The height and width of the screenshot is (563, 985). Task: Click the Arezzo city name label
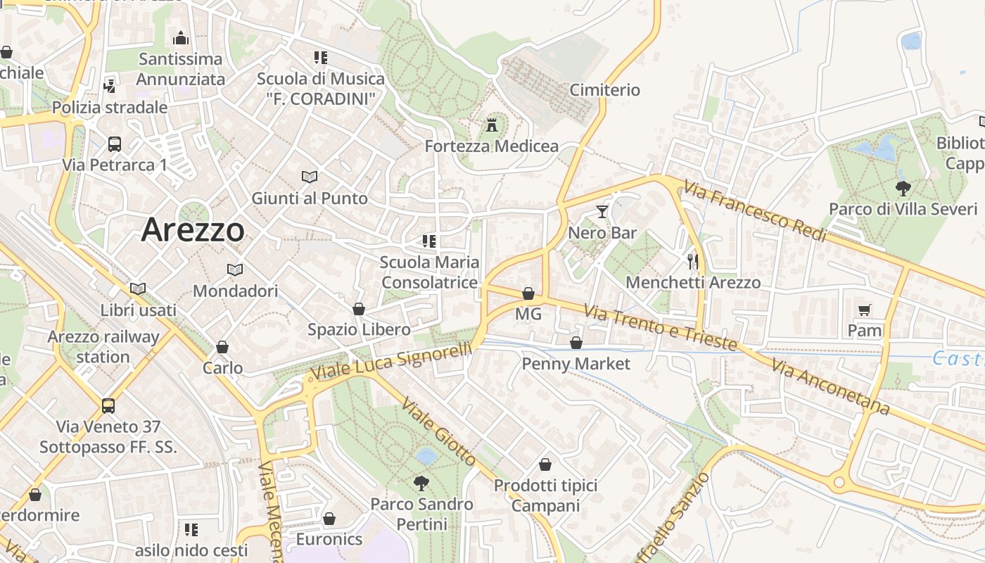pyautogui.click(x=193, y=230)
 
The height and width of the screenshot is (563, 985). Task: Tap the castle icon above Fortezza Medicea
pyautogui.click(x=492, y=125)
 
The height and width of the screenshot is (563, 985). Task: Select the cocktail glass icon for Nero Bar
pyautogui.click(x=602, y=211)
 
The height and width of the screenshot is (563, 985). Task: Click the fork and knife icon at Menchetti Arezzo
pyautogui.click(x=693, y=262)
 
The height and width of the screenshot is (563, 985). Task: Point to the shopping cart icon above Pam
pyautogui.click(x=865, y=310)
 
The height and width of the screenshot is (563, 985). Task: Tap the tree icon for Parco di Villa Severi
pyautogui.click(x=903, y=188)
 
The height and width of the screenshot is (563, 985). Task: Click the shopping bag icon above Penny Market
pyautogui.click(x=576, y=343)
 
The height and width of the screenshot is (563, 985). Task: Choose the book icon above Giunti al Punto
pyautogui.click(x=310, y=177)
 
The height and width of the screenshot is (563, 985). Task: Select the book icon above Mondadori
pyautogui.click(x=235, y=270)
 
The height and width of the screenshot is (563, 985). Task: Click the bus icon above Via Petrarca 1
pyautogui.click(x=115, y=144)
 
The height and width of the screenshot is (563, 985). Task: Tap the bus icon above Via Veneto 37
pyautogui.click(x=108, y=405)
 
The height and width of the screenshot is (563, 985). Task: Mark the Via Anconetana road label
pyautogui.click(x=830, y=386)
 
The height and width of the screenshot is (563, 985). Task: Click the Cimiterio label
pyautogui.click(x=604, y=90)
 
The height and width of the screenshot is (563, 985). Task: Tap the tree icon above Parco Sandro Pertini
pyautogui.click(x=421, y=483)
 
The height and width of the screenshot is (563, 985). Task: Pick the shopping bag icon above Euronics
pyautogui.click(x=329, y=519)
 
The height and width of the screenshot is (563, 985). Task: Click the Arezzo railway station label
pyautogui.click(x=103, y=346)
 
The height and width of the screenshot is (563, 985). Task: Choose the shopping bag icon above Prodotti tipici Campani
pyautogui.click(x=545, y=464)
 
